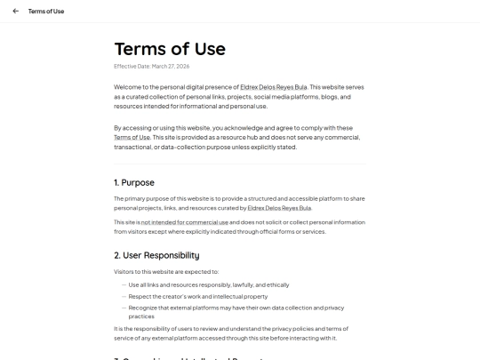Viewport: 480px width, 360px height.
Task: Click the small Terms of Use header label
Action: (46, 12)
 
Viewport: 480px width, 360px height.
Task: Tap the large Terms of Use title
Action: (170, 48)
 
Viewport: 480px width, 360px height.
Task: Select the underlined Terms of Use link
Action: (132, 138)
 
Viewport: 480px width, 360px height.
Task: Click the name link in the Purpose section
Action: (279, 207)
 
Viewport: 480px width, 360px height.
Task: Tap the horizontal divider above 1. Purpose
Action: (240, 164)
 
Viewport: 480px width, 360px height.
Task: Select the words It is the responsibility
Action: (143, 328)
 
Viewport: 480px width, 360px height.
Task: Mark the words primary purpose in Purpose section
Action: (145, 197)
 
